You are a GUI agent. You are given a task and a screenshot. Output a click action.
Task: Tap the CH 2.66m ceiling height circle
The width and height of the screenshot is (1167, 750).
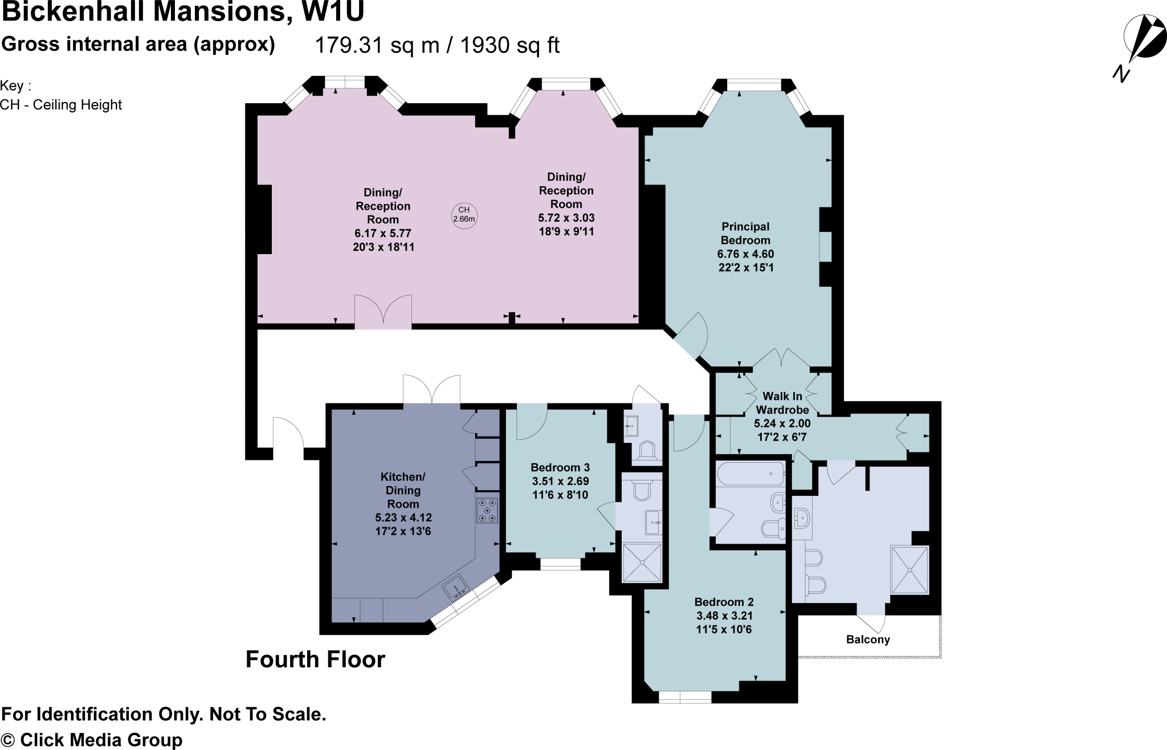tap(464, 215)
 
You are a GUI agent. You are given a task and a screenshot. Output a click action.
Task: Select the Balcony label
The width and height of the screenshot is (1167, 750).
tap(868, 639)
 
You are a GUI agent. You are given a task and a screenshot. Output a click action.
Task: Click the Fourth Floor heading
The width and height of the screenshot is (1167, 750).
tap(315, 659)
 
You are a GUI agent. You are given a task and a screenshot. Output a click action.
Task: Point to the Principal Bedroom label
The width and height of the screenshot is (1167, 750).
tap(745, 234)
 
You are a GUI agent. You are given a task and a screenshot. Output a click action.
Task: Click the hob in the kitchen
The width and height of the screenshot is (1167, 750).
tap(487, 510)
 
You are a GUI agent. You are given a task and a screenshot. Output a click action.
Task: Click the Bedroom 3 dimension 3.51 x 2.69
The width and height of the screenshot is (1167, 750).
tap(560, 481)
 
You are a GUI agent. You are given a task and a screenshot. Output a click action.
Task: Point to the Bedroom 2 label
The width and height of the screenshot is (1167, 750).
tap(724, 602)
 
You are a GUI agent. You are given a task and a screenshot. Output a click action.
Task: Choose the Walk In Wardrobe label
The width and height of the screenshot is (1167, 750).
tap(782, 403)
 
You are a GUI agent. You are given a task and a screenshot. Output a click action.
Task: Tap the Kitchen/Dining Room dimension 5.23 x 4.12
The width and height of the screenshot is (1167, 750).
tap(403, 517)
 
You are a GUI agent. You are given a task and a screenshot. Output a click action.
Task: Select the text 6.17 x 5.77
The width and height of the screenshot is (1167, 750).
tap(382, 233)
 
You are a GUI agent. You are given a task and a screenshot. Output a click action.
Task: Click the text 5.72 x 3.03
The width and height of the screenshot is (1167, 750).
tap(566, 218)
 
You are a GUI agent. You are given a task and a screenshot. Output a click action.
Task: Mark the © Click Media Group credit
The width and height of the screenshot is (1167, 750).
tap(92, 740)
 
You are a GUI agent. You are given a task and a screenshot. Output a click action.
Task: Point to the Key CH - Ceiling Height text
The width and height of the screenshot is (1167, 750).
tap(61, 96)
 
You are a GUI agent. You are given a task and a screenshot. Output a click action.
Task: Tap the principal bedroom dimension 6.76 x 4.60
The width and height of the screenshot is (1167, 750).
tap(745, 254)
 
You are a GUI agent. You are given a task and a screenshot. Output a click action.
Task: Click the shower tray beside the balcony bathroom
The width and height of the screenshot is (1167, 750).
tap(909, 570)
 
